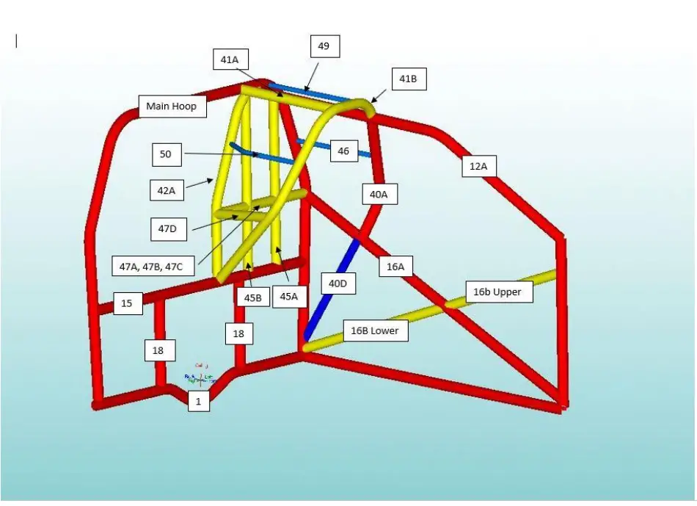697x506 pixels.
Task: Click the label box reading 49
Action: click(x=324, y=46)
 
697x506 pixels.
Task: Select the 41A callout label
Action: click(x=230, y=59)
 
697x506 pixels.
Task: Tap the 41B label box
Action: click(x=408, y=79)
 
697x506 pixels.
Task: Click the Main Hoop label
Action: click(x=172, y=106)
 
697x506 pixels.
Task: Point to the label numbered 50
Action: click(x=166, y=154)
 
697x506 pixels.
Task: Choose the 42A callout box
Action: click(x=167, y=191)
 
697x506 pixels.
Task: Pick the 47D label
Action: click(x=168, y=228)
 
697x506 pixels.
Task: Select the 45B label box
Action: click(x=253, y=298)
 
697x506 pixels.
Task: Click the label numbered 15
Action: click(x=127, y=303)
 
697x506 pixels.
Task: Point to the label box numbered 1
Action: click(x=198, y=401)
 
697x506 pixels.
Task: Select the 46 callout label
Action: click(x=343, y=151)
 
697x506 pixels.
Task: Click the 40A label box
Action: click(x=379, y=194)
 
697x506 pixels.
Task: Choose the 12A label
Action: click(x=478, y=167)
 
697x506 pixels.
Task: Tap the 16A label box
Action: click(x=395, y=267)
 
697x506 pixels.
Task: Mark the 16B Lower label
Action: click(x=374, y=330)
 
